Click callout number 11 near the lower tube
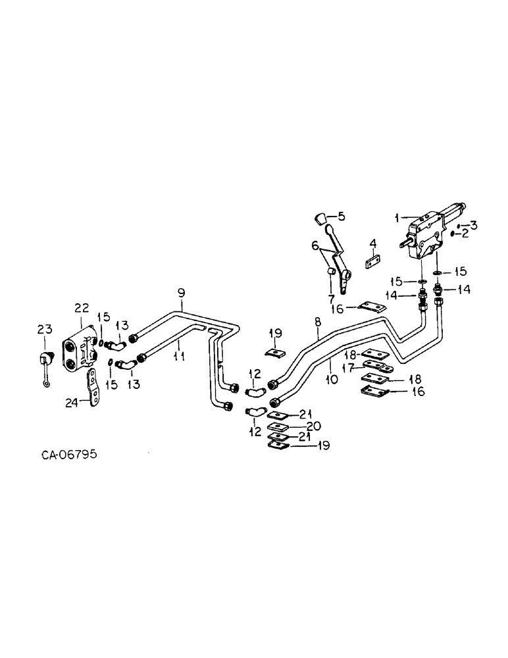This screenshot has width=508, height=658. click(178, 356)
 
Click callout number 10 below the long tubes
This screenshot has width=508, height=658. click(330, 380)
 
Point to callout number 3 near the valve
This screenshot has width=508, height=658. click(472, 225)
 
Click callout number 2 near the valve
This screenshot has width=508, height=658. click(465, 233)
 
